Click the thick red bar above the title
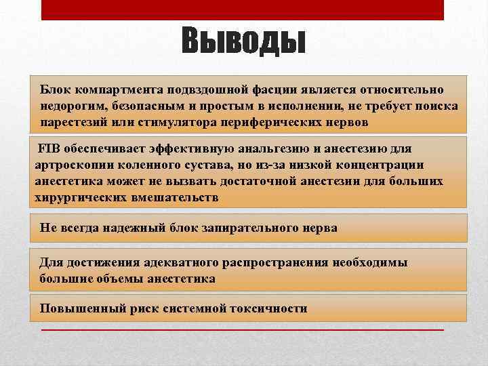[x=243, y=9]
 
